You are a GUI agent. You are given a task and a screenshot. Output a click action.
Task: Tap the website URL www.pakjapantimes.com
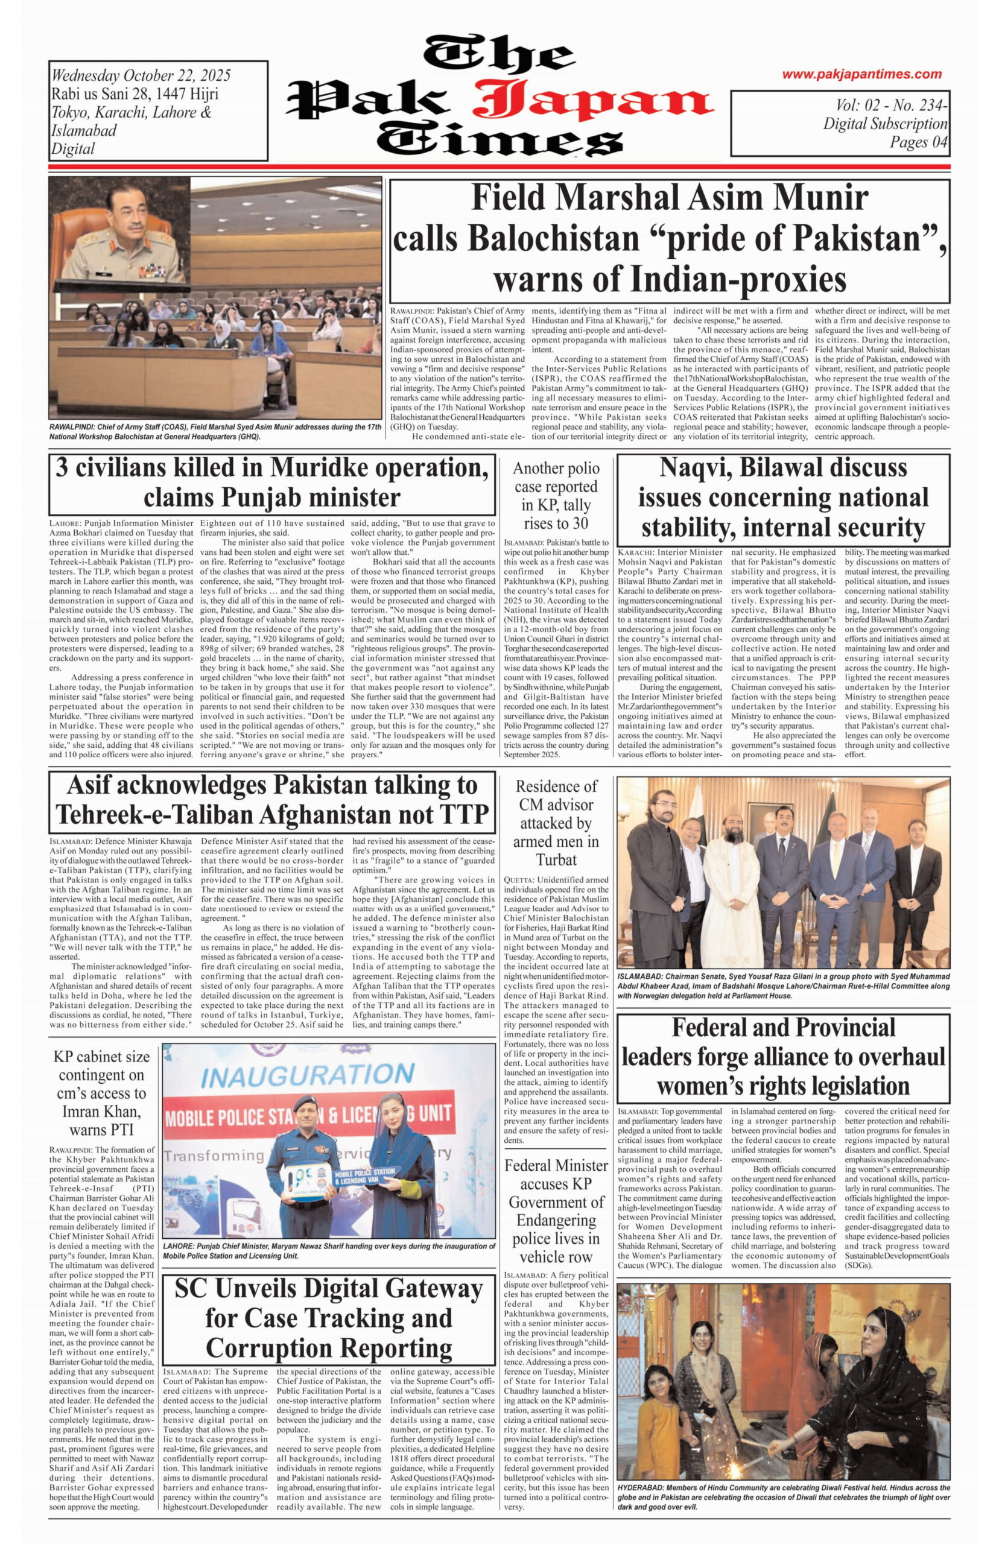coord(861,75)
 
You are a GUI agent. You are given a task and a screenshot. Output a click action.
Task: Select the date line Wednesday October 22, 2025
coord(141,76)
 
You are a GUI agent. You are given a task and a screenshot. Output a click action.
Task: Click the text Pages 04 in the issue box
coord(919,142)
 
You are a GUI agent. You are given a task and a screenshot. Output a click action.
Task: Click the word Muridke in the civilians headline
coord(320,467)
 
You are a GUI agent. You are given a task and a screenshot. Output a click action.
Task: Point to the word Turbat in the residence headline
coord(556,860)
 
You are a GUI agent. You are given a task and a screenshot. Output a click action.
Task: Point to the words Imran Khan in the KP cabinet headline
coord(101,1112)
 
